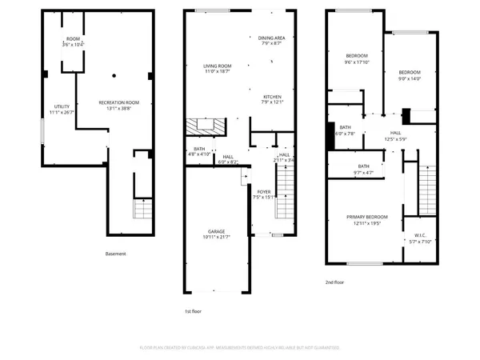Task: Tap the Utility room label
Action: coord(62,109)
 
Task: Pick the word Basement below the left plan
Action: coord(116,254)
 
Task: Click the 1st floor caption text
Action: coord(194,310)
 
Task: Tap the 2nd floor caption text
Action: coord(335,282)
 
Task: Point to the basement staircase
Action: coord(142,210)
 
